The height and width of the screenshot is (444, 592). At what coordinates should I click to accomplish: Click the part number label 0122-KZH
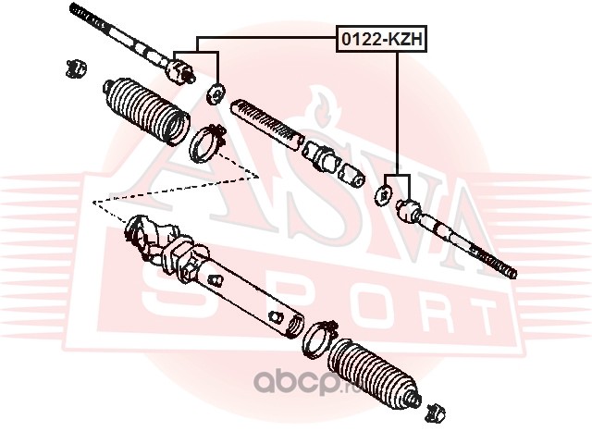[381, 39]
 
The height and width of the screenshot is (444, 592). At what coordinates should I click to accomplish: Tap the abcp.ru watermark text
[307, 382]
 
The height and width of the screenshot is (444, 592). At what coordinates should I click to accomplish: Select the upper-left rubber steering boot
[147, 111]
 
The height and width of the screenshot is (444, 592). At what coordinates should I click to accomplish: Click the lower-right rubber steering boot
[374, 373]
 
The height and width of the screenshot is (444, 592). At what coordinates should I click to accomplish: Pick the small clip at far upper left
[76, 68]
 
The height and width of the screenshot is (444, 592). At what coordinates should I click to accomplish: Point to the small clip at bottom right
[435, 413]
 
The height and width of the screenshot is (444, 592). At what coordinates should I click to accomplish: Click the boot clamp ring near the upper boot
[208, 143]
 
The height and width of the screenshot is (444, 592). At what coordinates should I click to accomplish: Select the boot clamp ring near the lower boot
[319, 339]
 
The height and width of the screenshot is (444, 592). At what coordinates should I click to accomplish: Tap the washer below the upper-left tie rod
[216, 94]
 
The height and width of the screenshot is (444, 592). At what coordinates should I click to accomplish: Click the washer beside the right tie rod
[384, 195]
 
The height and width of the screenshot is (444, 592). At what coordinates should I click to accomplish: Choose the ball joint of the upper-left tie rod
[180, 70]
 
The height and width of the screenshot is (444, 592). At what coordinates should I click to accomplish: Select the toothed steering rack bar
[267, 124]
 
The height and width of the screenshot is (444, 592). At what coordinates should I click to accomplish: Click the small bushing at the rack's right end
[351, 175]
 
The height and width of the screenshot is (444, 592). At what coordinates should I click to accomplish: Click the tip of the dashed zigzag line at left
[92, 203]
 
